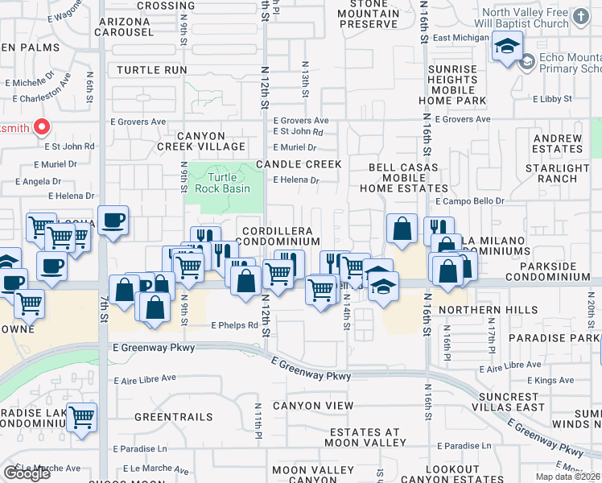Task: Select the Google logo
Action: [27, 473]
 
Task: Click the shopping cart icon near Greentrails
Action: [81, 419]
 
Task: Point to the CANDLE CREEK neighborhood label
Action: [299, 164]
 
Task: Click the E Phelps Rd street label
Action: [235, 326]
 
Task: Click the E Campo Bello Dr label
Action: [469, 200]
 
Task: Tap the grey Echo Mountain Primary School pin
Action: [527, 61]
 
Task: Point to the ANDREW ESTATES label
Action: [557, 144]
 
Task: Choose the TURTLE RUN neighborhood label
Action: [151, 70]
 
